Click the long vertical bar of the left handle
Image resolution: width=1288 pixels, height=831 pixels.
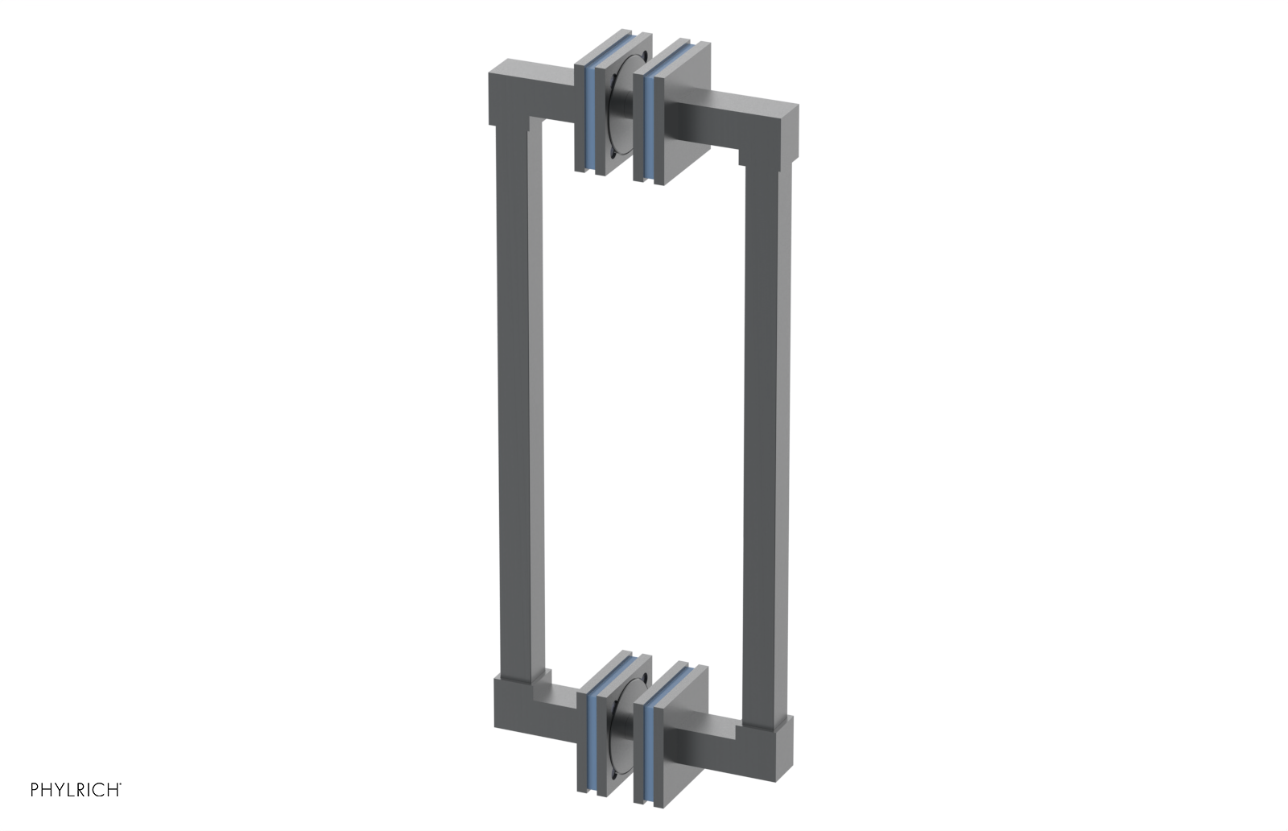pos(516,403)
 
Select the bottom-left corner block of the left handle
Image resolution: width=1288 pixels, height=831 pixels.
pos(511,705)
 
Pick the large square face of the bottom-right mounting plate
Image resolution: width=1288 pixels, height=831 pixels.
pos(689,737)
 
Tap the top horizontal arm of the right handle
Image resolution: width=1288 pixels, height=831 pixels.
pos(733,121)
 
